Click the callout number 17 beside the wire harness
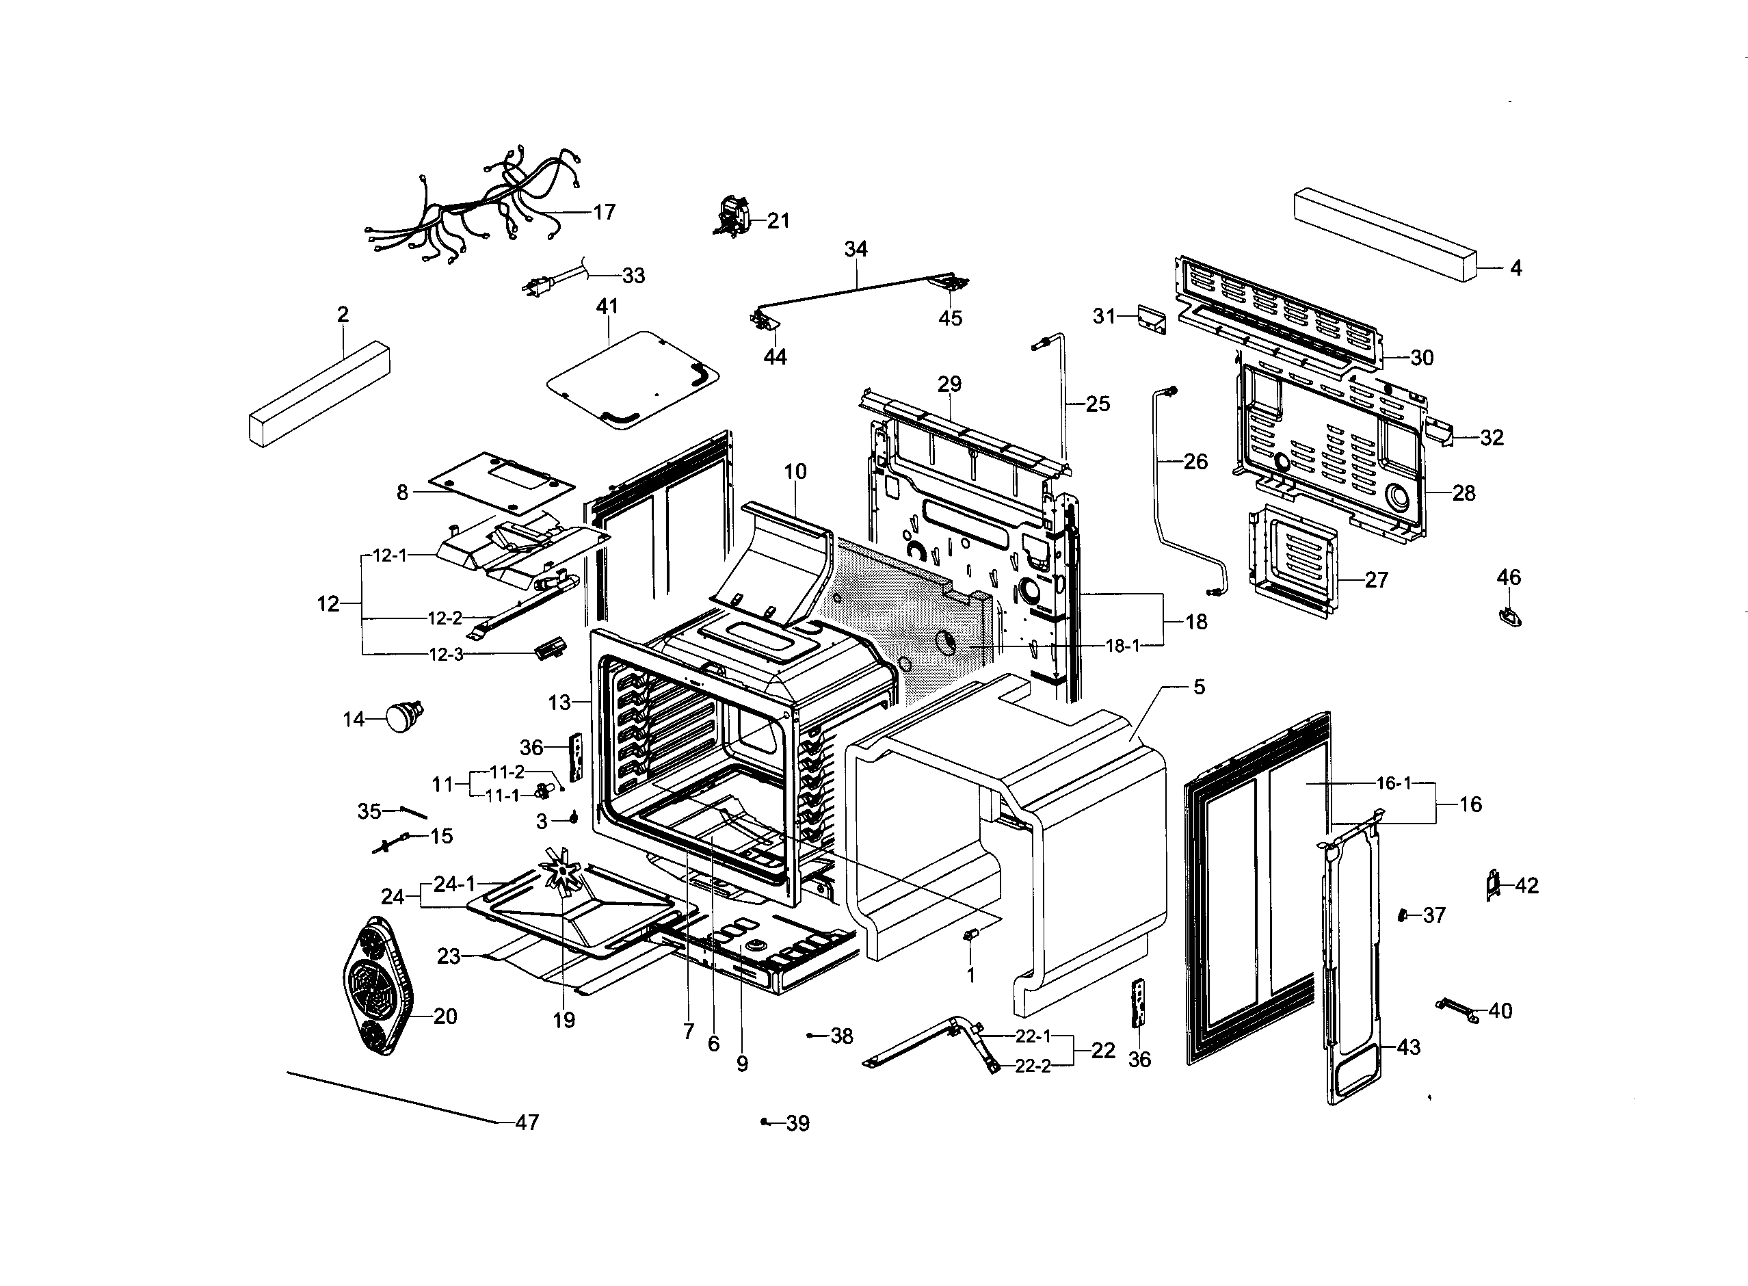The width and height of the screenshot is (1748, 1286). tap(604, 212)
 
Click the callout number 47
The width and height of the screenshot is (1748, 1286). tap(527, 1122)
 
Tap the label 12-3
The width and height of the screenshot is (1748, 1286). tap(446, 655)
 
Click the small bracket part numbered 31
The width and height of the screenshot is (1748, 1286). tap(1151, 319)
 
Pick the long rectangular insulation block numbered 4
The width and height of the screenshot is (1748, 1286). tap(1386, 233)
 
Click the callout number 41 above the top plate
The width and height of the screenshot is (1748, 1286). tap(607, 306)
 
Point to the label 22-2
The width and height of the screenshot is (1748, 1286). tap(1032, 1066)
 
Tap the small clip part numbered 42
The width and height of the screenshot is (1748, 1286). tap(1492, 886)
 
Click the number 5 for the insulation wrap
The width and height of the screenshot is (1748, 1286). tap(1200, 687)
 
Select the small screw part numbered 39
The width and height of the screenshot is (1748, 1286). tap(765, 1122)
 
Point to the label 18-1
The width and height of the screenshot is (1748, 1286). tap(1122, 645)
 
